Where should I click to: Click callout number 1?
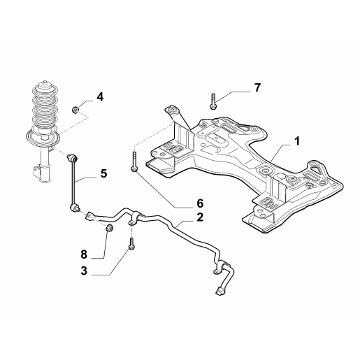[297, 141]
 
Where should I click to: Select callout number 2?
[200, 217]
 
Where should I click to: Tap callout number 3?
[84, 271]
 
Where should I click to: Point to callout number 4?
[100, 96]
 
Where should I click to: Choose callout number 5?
[103, 173]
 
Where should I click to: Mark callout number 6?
[200, 203]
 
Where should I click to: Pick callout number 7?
[257, 87]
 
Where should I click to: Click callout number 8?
[84, 254]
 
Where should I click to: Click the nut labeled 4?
[75, 110]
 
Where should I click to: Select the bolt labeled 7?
[213, 101]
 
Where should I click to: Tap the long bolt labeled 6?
[134, 161]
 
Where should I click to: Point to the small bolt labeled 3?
[132, 244]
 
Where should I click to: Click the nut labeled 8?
[109, 228]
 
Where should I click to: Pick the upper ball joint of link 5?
[72, 158]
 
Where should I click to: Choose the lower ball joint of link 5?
[74, 207]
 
